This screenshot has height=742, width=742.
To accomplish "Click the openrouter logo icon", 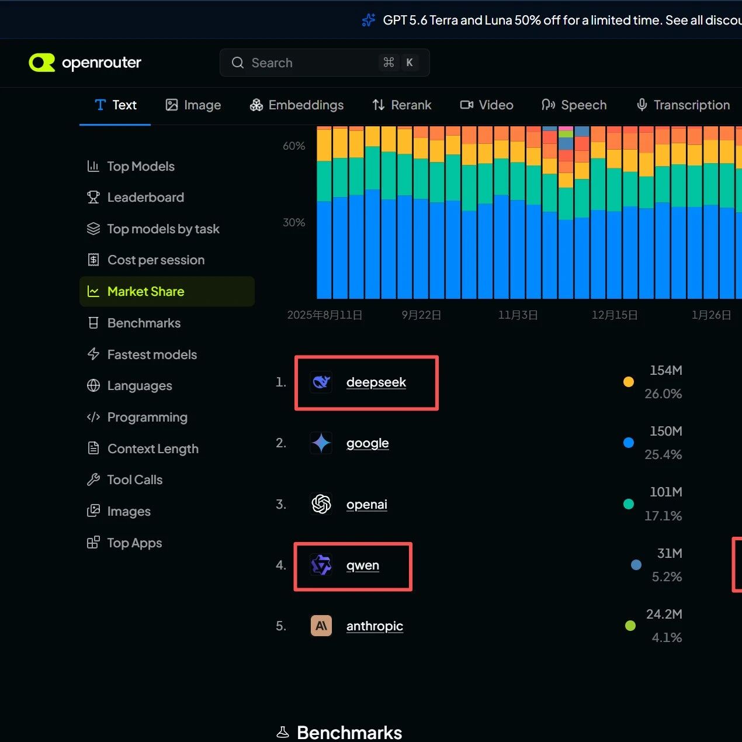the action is coord(42,63).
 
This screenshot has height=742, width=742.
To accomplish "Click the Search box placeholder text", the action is coord(272,63).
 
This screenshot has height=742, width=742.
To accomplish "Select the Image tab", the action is coord(193,105).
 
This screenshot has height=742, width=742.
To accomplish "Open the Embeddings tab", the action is coord(296,105).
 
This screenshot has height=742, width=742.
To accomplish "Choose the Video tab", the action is coord(487,105).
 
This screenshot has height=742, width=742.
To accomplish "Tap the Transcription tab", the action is coord(683,105).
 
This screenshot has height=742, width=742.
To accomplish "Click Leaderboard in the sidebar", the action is coord(136,198).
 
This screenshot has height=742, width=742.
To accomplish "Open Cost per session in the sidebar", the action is coord(146,260).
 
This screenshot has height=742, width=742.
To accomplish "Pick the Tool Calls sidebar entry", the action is coord(125,479).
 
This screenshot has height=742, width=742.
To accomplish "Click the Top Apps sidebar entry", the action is coord(124,543).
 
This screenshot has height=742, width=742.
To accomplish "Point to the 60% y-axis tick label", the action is coord(294,146).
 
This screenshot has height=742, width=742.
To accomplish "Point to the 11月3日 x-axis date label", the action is coord(518,315).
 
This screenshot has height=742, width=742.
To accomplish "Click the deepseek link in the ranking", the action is coord(376,382).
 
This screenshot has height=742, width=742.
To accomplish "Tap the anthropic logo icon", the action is coord(321,625).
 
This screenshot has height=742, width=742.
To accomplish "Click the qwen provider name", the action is coord(363,565).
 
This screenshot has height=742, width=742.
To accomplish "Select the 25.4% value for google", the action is coord(663,454).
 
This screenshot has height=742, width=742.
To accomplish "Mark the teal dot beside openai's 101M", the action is coord(629,504).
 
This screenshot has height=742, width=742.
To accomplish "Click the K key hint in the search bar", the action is coord(410,63).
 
